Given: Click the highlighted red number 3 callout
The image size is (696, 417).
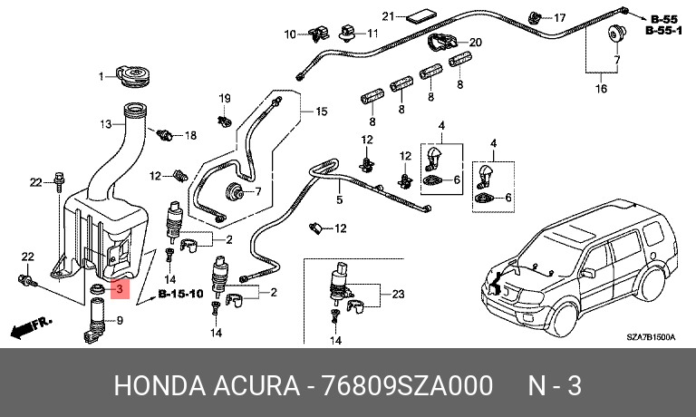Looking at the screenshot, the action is (x=120, y=289).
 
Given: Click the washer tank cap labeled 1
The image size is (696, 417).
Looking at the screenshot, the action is (x=134, y=77).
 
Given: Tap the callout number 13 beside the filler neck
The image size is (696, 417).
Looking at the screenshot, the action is (x=106, y=124).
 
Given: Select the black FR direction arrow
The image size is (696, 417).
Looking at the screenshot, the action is (x=30, y=327).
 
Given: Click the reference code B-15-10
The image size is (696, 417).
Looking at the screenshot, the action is (x=180, y=294).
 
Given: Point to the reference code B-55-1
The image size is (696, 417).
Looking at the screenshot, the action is (x=663, y=31).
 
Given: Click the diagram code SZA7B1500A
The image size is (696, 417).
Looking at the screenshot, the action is (x=651, y=337).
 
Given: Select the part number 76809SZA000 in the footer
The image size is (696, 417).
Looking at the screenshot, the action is (x=407, y=385).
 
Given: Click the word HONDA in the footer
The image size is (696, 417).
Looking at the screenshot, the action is (x=159, y=385).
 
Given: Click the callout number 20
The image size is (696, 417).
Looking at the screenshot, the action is (x=476, y=43).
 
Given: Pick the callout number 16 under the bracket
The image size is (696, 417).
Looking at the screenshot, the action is (x=601, y=88).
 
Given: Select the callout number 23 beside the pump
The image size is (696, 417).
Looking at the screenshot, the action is (x=398, y=294).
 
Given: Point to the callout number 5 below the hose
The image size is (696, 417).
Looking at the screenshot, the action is (x=340, y=199).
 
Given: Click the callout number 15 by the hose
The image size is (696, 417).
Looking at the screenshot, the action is (x=321, y=111).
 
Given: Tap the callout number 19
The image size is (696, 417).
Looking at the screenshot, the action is (x=225, y=98).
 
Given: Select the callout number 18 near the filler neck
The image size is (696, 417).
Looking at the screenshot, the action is (x=190, y=135).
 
